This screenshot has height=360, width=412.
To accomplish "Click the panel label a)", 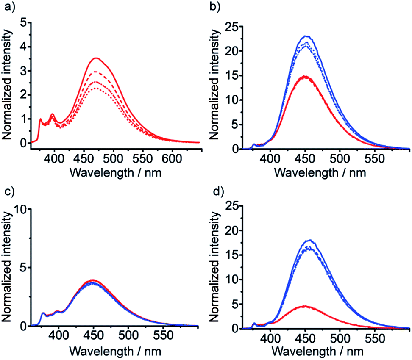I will pos(7,6).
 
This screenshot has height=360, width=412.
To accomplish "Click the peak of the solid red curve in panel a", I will pos(97,58).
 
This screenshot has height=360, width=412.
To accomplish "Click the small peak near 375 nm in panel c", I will pos(43,313).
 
